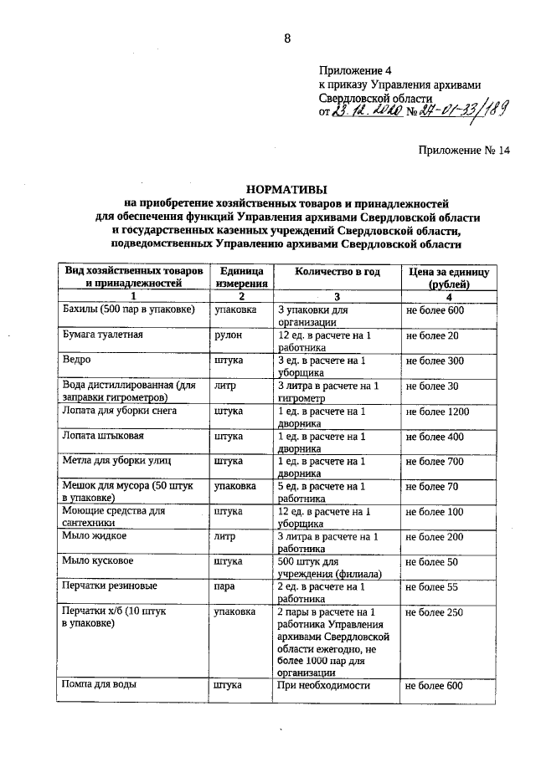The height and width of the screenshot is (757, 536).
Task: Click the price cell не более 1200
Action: coord(436,412)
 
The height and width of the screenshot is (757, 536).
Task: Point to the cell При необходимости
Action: coord(322,686)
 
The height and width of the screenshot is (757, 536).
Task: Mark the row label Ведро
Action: coord(77,361)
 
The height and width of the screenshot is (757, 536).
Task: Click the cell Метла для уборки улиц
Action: coord(111,461)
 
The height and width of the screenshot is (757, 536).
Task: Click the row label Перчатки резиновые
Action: coord(107,587)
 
